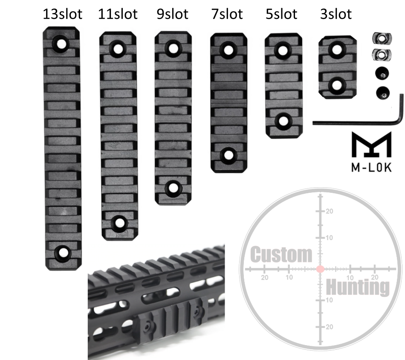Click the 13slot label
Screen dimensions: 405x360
[63, 14]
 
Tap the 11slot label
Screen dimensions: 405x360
[118, 14]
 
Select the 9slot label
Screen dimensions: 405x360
[173, 14]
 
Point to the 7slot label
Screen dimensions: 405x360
[227, 14]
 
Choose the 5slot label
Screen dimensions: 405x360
[281, 14]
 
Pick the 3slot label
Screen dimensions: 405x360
[336, 14]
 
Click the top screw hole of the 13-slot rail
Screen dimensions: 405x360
[61, 44]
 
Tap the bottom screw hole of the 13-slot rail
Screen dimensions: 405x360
[62, 252]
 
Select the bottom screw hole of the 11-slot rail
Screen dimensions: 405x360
[119, 222]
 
